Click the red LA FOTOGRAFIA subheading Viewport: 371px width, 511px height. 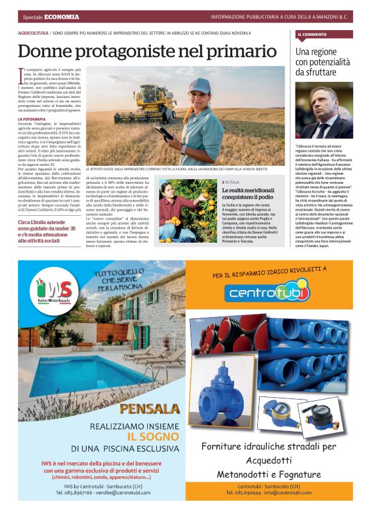click(32, 119)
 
